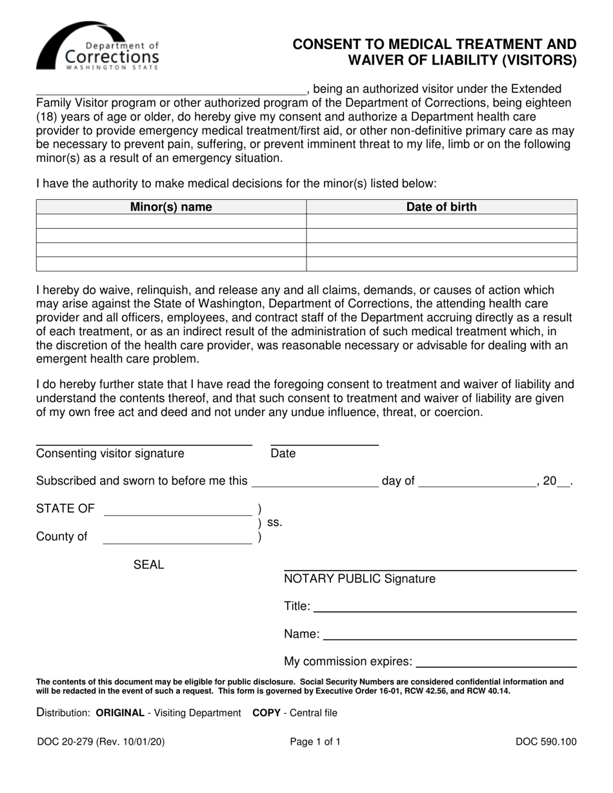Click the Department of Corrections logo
(x=97, y=46)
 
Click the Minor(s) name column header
(x=171, y=207)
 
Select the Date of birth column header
(x=441, y=207)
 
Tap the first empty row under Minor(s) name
(x=171, y=222)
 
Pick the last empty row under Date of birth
(x=441, y=264)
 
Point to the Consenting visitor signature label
(x=110, y=454)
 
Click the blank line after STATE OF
(x=177, y=511)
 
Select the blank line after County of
(x=177, y=539)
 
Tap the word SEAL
(x=148, y=565)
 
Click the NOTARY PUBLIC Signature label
(x=359, y=579)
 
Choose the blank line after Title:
(x=445, y=607)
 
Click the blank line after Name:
(x=450, y=635)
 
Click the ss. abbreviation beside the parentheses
(x=274, y=523)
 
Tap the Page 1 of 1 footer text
(x=315, y=742)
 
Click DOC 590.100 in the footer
(x=546, y=742)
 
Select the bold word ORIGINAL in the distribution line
(x=120, y=713)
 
